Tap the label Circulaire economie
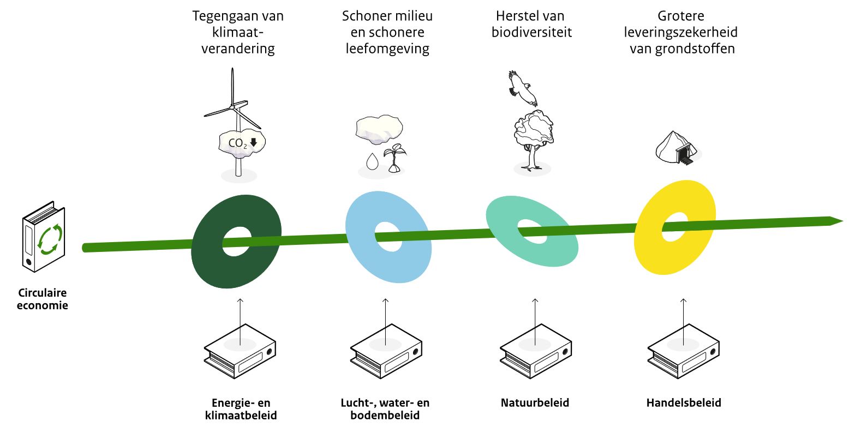(x=42, y=299)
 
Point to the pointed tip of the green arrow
(x=842, y=221)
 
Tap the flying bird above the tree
(x=522, y=88)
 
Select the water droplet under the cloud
(x=372, y=161)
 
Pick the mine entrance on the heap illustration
(x=686, y=155)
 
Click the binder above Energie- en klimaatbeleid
(x=240, y=351)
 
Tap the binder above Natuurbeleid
(x=535, y=351)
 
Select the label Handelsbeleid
(x=684, y=403)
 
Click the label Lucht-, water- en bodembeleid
(x=385, y=409)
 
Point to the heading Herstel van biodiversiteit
(x=531, y=24)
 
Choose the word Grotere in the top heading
(x=681, y=16)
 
